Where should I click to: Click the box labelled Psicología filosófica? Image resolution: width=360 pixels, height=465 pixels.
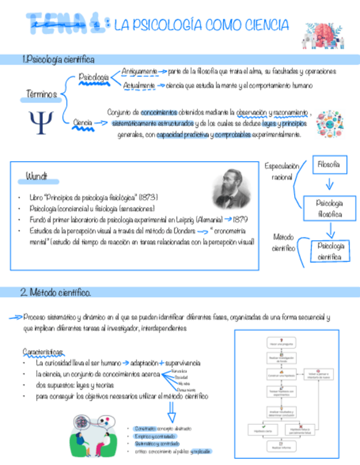pos(329,208)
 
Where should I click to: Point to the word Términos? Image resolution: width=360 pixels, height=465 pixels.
pos(42,95)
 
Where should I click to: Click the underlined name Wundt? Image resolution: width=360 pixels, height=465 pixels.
pos(37,177)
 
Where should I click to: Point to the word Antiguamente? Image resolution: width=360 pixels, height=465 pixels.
pos(139,71)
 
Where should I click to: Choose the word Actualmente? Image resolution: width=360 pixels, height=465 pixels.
pos(139,86)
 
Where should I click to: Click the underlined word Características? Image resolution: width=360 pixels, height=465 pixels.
pos(43,351)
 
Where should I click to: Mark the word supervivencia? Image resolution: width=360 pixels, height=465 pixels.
pos(183,363)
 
